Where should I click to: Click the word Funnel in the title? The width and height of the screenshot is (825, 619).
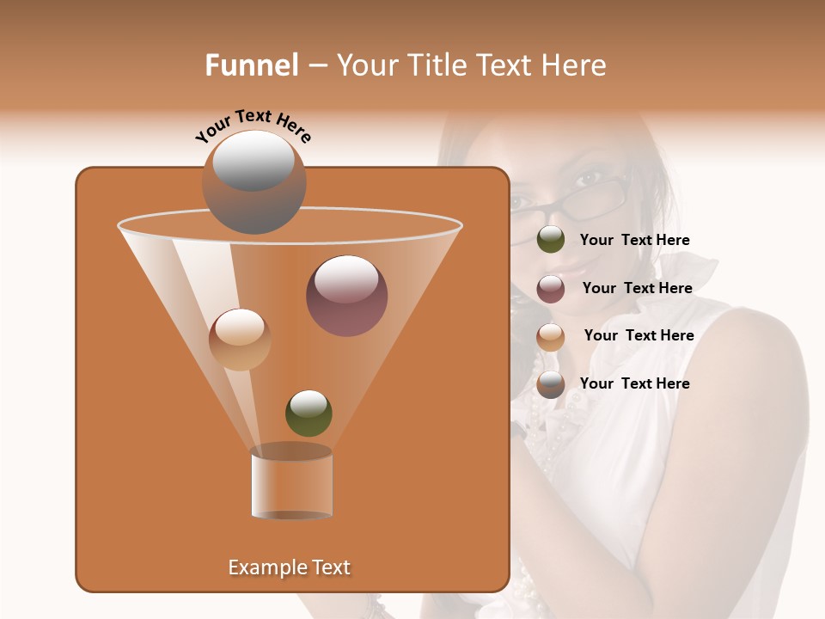251,65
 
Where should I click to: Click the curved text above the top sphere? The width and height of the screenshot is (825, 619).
253,126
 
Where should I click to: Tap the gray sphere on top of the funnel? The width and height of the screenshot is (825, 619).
254,181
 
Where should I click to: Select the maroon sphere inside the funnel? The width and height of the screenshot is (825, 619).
347,296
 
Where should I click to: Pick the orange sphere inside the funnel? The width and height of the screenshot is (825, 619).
240,340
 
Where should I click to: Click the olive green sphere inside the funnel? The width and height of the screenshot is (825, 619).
309,413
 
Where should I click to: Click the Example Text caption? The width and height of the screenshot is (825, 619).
289,567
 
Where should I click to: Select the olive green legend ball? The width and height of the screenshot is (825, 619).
551,240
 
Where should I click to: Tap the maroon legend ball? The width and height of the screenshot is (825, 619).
551,289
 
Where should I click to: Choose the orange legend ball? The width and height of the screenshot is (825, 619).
551,337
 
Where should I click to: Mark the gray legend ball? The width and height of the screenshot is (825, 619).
551,384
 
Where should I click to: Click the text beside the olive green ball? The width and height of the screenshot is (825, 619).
634,240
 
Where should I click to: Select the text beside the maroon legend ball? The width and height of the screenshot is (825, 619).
637,288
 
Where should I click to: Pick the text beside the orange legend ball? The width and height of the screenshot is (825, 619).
639,335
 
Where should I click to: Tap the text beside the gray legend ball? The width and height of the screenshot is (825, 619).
634,383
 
